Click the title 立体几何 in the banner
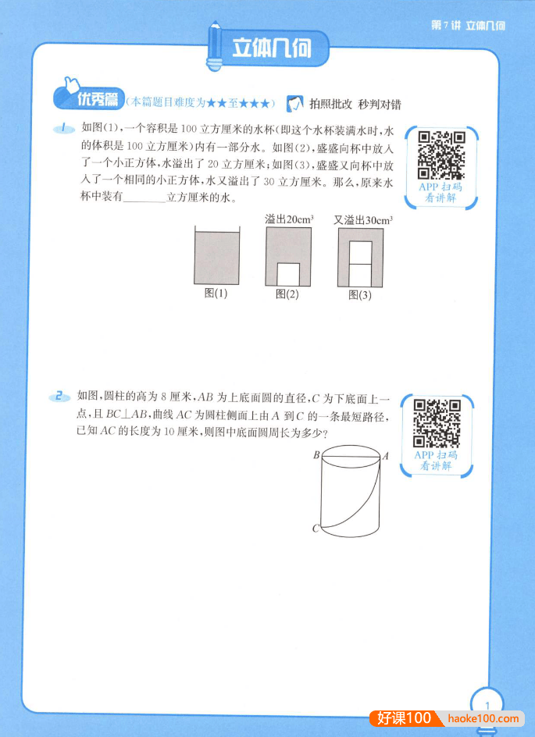coord(271,48)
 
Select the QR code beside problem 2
coord(437,422)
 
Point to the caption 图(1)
coord(216,294)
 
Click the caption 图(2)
coord(287,294)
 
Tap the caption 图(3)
coord(360,294)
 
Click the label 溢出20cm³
coord(289,219)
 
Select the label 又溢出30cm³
coord(362,219)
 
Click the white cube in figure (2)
coord(288,274)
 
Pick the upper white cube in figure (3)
coord(360,253)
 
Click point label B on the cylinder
coord(316,455)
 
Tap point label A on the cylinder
coord(385,455)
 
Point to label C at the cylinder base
coord(316,529)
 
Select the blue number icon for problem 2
coord(59,397)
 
